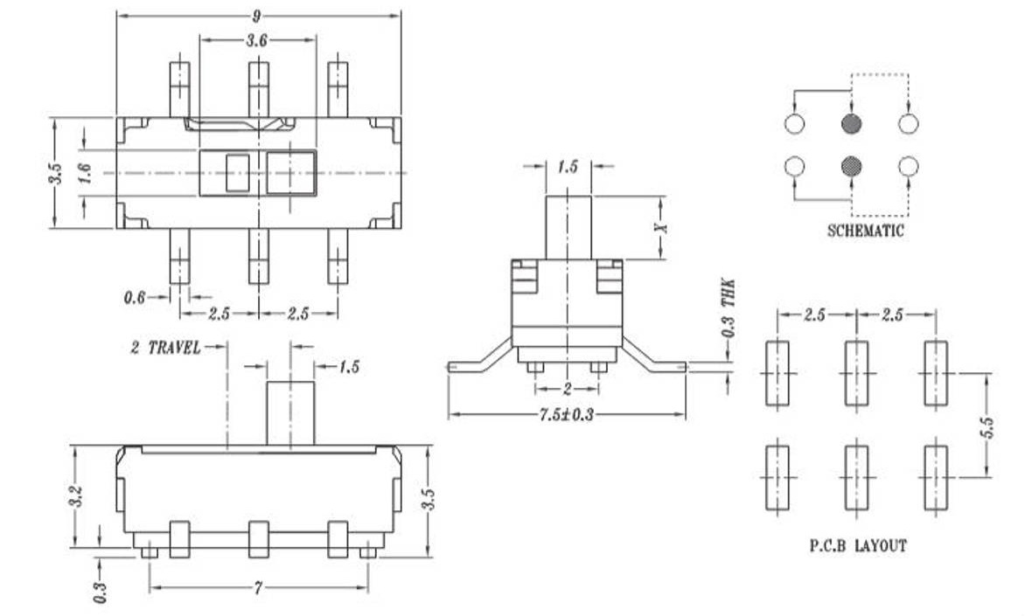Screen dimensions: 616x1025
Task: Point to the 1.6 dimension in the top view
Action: pyautogui.click(x=85, y=172)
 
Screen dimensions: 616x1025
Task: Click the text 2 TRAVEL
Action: pyautogui.click(x=165, y=347)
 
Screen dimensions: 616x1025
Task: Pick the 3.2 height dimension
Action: pyautogui.click(x=76, y=497)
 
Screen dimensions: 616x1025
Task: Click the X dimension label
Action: pyautogui.click(x=662, y=226)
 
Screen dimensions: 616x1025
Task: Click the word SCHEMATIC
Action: pyautogui.click(x=865, y=232)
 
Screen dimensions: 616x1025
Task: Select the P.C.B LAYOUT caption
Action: pyautogui.click(x=857, y=545)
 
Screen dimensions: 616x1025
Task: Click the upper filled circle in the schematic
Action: pyautogui.click(x=852, y=124)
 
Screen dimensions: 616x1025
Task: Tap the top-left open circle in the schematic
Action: pyautogui.click(x=794, y=124)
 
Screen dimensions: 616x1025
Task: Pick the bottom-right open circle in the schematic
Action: pyautogui.click(x=909, y=165)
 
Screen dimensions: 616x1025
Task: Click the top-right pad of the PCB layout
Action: pyautogui.click(x=936, y=373)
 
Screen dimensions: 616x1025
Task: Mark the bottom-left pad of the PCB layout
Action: pyautogui.click(x=777, y=477)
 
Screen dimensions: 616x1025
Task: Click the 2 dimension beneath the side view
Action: pyautogui.click(x=566, y=388)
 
